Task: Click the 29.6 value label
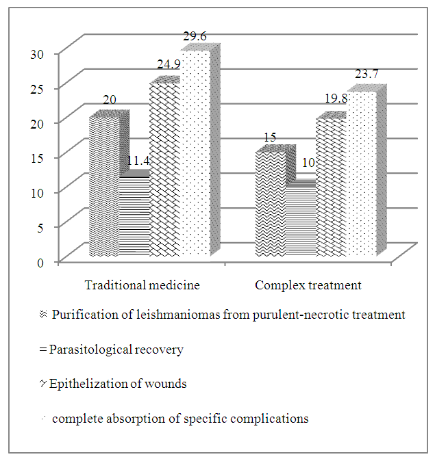tap(194, 38)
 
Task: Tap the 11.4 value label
tap(135, 162)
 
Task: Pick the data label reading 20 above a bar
tap(110, 100)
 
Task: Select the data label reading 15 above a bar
tap(270, 137)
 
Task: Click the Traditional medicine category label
tap(142, 284)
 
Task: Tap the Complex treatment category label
tap(308, 284)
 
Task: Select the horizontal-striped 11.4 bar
tap(135, 217)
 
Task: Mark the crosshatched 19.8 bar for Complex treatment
tap(331, 188)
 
